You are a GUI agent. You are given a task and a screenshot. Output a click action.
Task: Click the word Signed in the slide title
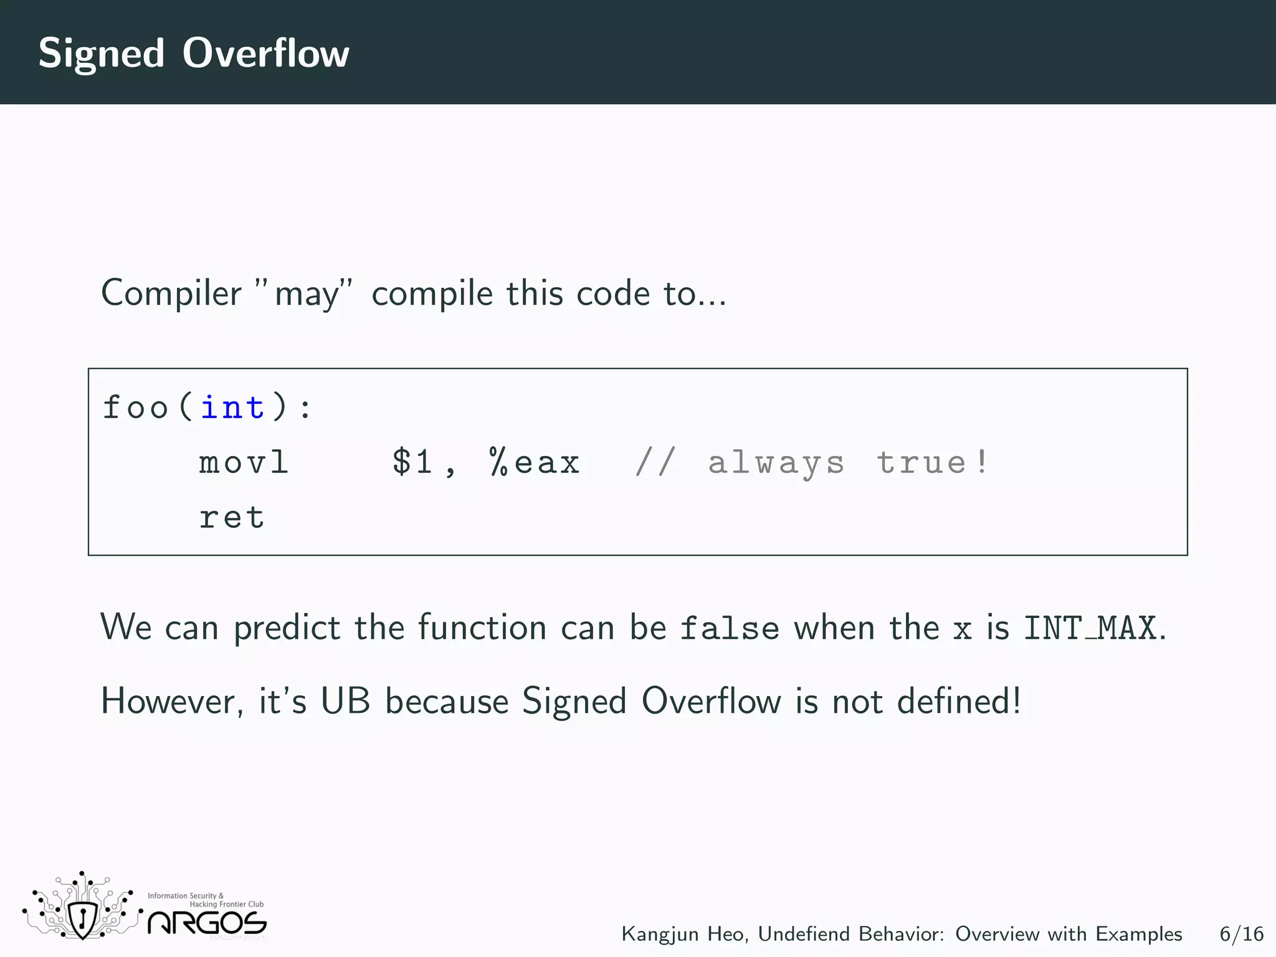(x=102, y=54)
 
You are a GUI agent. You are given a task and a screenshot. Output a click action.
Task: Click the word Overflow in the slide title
(x=265, y=53)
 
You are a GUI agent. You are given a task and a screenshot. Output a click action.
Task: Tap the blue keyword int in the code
(x=232, y=408)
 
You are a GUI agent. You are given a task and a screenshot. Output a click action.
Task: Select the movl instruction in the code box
(x=244, y=463)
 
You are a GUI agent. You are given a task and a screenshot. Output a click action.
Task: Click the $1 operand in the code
(x=412, y=463)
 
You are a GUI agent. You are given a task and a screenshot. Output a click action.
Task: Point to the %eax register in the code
(x=535, y=463)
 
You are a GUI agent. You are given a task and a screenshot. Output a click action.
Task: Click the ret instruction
(x=232, y=518)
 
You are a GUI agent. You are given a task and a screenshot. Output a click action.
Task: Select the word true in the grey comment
(x=921, y=463)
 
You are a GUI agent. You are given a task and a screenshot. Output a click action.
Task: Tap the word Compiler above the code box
(x=171, y=293)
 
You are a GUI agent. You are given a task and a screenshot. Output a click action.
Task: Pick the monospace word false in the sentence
(x=729, y=627)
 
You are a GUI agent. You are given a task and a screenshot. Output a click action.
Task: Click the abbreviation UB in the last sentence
(x=345, y=701)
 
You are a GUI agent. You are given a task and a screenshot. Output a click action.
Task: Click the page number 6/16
(x=1241, y=934)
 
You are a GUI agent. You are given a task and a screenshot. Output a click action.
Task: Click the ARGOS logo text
(x=207, y=923)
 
